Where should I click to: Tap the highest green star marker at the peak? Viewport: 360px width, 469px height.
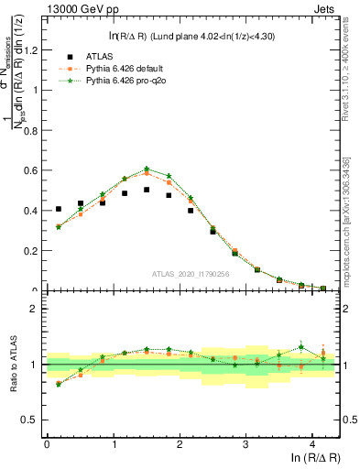(147, 169)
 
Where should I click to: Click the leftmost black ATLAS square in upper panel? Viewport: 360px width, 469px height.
(59, 209)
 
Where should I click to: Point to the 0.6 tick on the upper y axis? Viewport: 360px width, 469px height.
(35, 170)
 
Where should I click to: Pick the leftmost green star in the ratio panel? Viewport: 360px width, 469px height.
(59, 385)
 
